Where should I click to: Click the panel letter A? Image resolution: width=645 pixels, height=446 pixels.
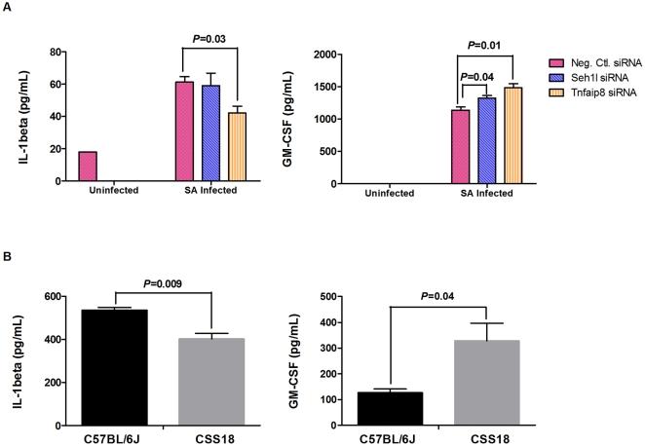pyautogui.click(x=8, y=8)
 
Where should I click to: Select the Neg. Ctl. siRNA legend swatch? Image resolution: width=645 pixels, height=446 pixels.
pyautogui.click(x=554, y=61)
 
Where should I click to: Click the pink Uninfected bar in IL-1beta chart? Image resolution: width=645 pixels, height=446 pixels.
pyautogui.click(x=87, y=167)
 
